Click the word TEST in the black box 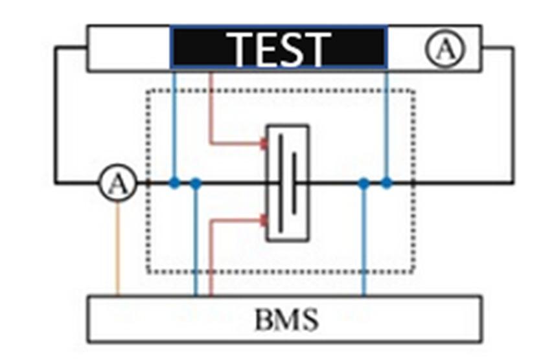click(279, 47)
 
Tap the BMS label click(286, 319)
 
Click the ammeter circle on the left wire click(117, 184)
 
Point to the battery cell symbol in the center click(288, 183)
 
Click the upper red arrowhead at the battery click(263, 143)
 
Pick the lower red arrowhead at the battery click(263, 221)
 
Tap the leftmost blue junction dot click(174, 183)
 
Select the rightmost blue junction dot click(387, 183)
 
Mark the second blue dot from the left click(196, 184)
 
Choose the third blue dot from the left click(364, 184)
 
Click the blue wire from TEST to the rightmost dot click(387, 123)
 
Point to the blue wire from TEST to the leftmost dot click(174, 123)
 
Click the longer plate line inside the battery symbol click(281, 183)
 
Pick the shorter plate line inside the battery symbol click(294, 183)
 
